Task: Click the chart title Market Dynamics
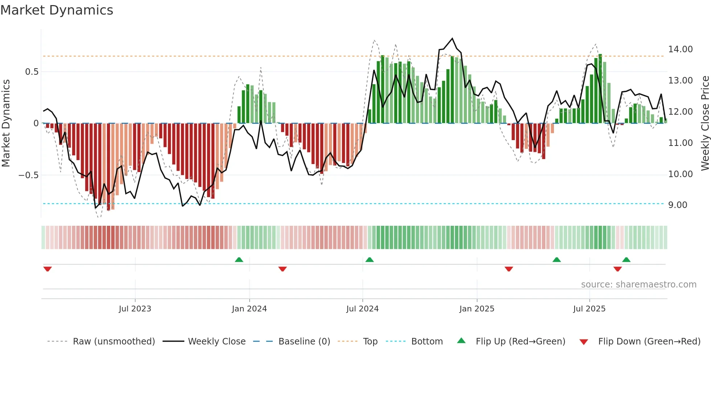point(57,10)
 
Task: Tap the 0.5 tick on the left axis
point(32,72)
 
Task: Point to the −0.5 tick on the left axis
point(28,175)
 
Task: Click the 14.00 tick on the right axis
point(680,49)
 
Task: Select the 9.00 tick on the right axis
point(678,205)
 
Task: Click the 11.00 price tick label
point(680,143)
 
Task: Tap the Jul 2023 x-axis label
point(135,309)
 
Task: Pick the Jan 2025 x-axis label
point(476,309)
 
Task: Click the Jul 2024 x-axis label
point(362,309)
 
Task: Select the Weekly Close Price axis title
point(705,123)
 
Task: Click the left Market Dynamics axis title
point(6,123)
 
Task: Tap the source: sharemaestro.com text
point(638,285)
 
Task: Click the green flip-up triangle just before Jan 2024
point(239,260)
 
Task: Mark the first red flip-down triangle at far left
point(48,269)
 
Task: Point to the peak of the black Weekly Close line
point(452,38)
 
